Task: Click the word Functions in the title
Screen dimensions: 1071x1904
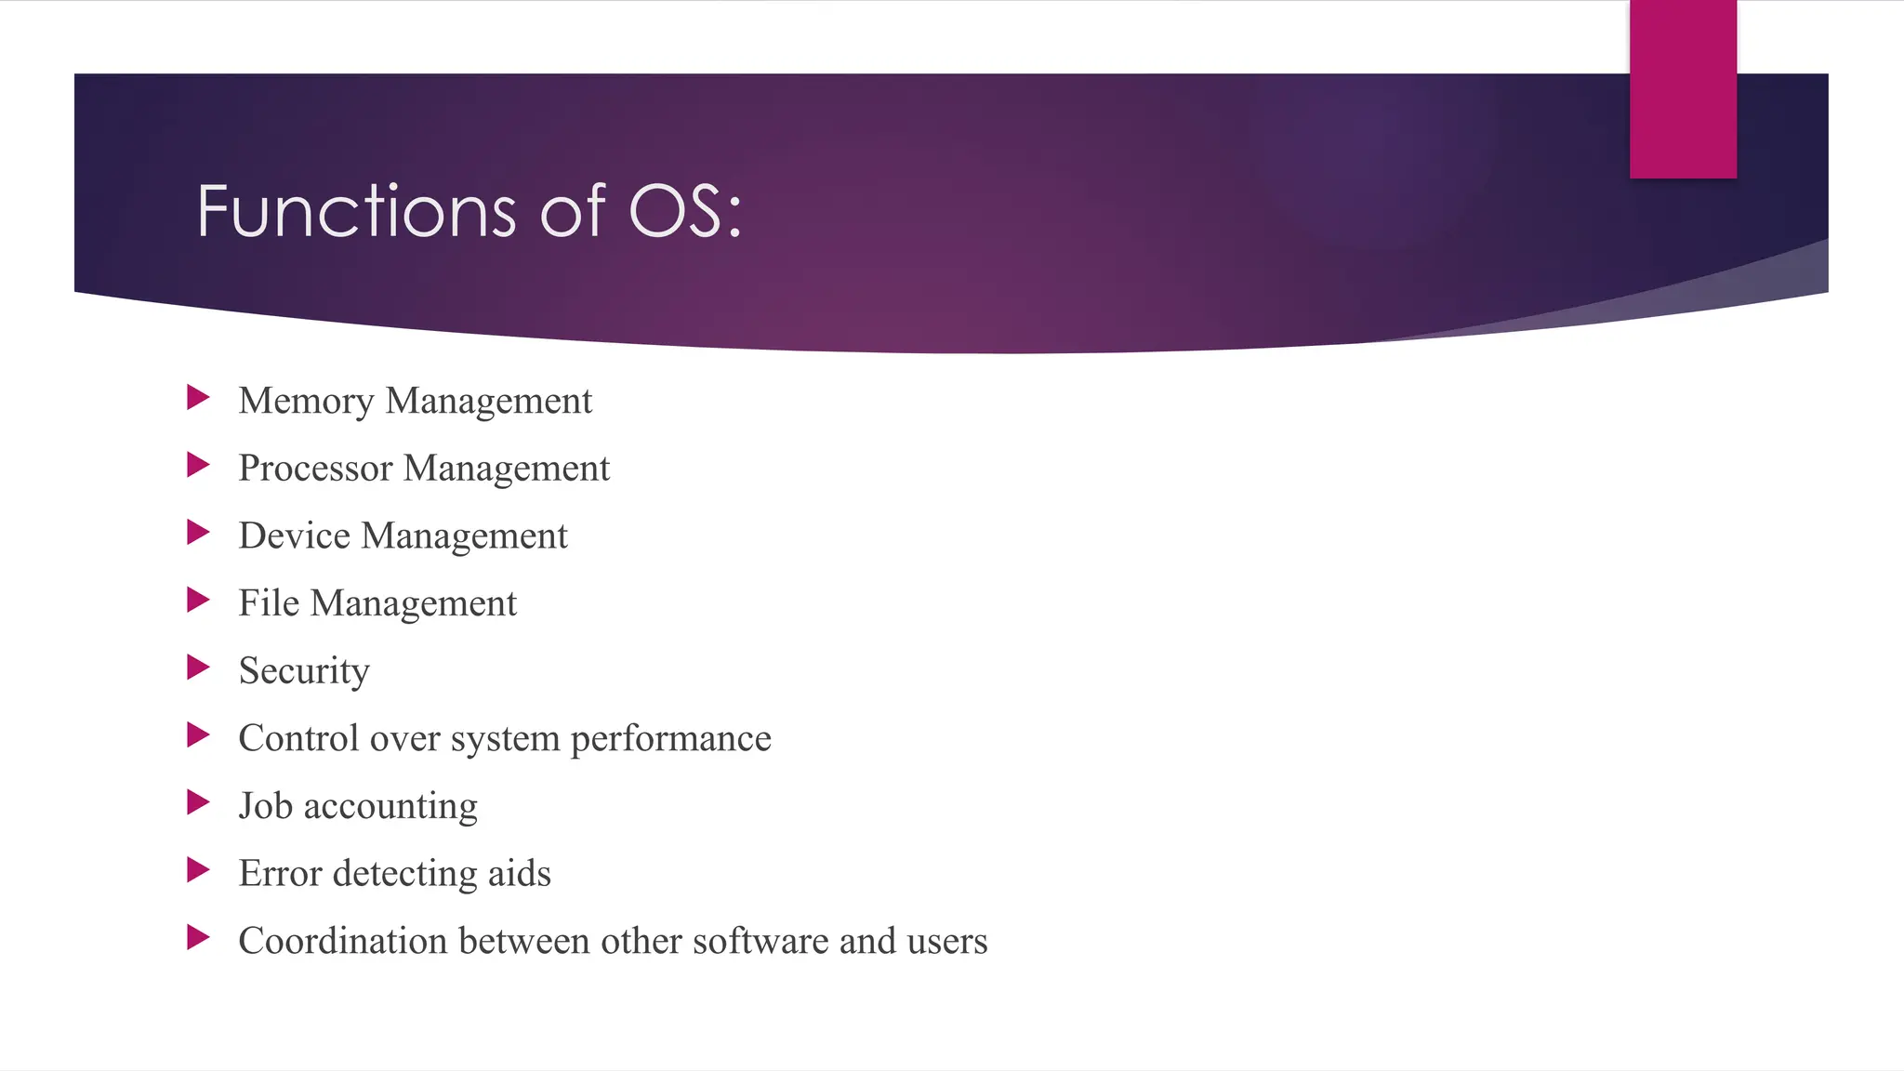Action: coord(356,211)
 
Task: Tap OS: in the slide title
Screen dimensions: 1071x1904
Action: coord(685,211)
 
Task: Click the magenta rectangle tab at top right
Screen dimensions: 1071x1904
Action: coord(1683,89)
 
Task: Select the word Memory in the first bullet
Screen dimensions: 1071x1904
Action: coord(306,402)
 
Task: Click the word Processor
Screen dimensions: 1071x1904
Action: coord(315,469)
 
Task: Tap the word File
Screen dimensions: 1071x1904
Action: coord(269,603)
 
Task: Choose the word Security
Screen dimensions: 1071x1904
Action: coord(304,671)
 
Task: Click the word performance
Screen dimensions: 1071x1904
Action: coord(670,739)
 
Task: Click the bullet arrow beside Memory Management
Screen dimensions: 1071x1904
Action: coord(198,398)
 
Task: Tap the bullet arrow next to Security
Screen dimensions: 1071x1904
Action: coord(198,668)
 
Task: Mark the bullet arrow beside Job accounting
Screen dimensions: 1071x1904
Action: coord(198,802)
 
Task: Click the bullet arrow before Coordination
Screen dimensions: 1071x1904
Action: coord(198,937)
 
